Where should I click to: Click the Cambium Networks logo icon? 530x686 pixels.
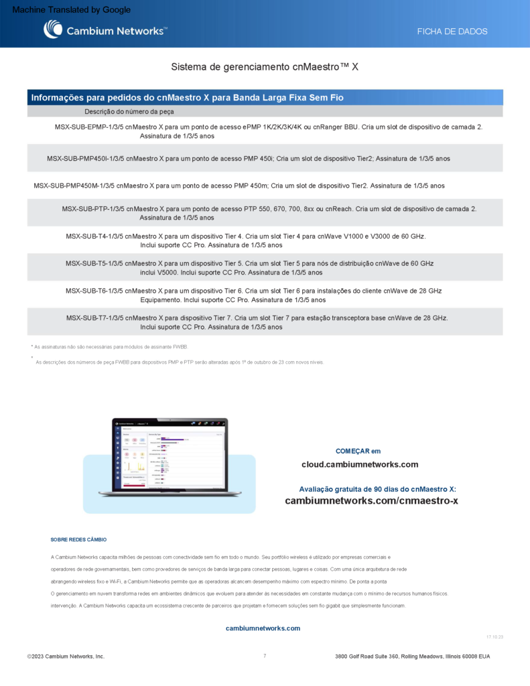coord(53,29)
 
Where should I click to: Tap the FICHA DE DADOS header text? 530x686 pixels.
coord(452,31)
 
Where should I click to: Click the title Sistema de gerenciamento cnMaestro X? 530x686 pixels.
coord(265,67)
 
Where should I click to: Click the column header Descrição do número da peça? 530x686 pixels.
coord(129,112)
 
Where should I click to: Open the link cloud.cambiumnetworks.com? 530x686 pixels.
coord(360,465)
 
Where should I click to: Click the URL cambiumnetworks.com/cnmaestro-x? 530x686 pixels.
coord(371,501)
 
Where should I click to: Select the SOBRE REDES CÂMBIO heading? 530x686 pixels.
coord(78,540)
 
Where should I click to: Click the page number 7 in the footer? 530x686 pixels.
coord(265,656)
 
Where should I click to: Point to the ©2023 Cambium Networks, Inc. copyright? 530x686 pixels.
coord(66,657)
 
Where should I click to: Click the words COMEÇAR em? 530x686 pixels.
coord(358,451)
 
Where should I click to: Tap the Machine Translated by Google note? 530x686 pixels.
coord(72,10)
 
